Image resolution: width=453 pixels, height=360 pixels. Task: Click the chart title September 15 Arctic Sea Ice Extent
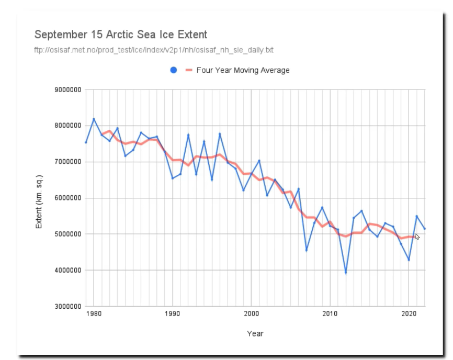(x=121, y=35)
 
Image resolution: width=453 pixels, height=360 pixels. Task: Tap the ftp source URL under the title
(x=154, y=50)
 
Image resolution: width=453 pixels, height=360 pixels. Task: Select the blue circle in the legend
(x=174, y=70)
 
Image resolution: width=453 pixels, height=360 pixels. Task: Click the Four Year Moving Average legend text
(x=243, y=70)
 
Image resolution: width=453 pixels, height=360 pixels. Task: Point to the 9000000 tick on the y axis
(x=67, y=90)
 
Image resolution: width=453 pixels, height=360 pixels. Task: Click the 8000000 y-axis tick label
(x=67, y=126)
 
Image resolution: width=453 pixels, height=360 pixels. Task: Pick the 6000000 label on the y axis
(x=67, y=198)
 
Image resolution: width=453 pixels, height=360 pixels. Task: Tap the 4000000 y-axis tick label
(x=67, y=271)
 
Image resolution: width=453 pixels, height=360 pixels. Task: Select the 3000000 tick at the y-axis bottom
(x=67, y=307)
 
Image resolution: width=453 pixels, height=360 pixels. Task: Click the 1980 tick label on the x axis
(x=94, y=314)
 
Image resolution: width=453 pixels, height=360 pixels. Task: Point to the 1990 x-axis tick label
(x=173, y=314)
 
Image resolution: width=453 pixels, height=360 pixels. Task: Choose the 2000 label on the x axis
(x=251, y=314)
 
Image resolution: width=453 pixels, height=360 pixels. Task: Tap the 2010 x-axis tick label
(x=330, y=314)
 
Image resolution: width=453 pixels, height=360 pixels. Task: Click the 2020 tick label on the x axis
(x=409, y=314)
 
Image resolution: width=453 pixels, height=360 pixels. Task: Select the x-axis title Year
(x=255, y=333)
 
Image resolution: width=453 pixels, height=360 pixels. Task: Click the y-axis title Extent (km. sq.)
(x=39, y=198)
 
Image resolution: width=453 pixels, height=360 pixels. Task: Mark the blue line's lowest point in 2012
(x=346, y=273)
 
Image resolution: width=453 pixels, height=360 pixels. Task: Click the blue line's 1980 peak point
(x=94, y=119)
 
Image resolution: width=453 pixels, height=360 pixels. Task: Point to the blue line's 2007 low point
(x=307, y=250)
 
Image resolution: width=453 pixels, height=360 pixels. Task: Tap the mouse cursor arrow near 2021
(x=417, y=237)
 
